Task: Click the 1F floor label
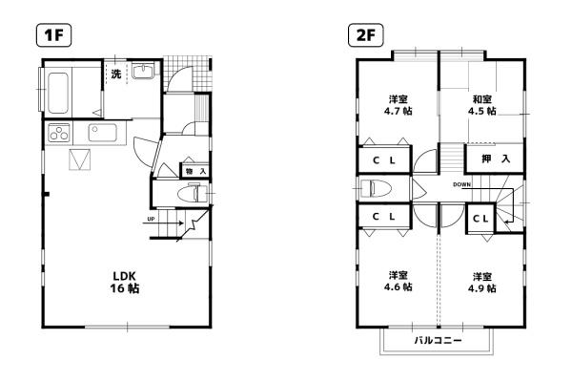(53, 35)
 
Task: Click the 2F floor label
(365, 35)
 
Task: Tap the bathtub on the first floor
(58, 93)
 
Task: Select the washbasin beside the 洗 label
(143, 71)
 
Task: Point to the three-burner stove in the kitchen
(59, 132)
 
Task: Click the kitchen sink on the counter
(103, 133)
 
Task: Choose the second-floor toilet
(376, 189)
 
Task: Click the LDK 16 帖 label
(125, 282)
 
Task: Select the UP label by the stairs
(151, 219)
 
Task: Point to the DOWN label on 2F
(461, 184)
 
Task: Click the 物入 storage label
(195, 171)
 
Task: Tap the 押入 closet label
(496, 159)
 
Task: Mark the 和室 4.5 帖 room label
(481, 105)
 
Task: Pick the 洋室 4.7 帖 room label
(398, 105)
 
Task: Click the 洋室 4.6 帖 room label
(398, 282)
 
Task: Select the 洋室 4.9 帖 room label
(481, 283)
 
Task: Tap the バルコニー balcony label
(438, 341)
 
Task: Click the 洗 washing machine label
(116, 74)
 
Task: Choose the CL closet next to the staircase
(480, 219)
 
